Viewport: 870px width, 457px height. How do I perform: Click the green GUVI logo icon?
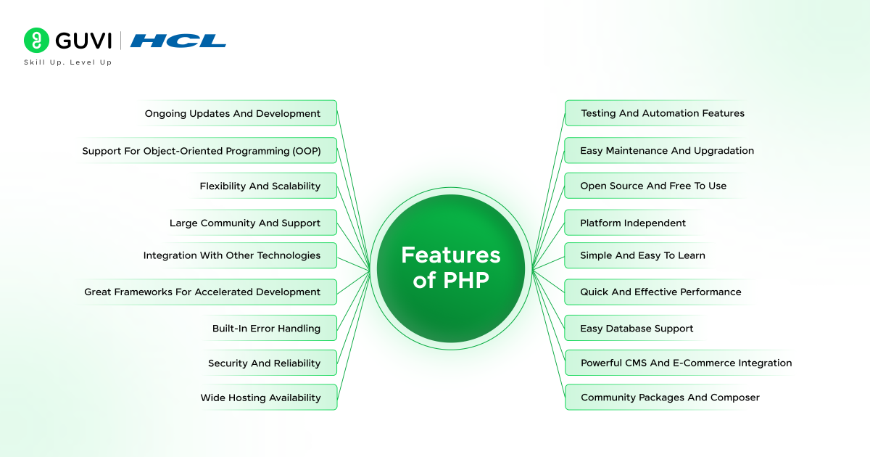click(x=36, y=41)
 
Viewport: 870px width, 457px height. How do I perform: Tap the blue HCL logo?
click(x=178, y=41)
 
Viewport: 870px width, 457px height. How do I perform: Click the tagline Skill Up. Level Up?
click(x=67, y=62)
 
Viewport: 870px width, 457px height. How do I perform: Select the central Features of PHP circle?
click(x=450, y=268)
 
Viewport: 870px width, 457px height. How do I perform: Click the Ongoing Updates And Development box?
click(x=233, y=113)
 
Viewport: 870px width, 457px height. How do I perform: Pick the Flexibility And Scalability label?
click(x=260, y=186)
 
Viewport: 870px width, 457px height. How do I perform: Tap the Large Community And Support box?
click(x=245, y=223)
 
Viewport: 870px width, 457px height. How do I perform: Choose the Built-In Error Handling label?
click(x=266, y=328)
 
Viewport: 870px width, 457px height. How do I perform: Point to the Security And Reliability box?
click(x=264, y=363)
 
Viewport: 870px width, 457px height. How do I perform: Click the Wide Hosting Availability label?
click(x=260, y=398)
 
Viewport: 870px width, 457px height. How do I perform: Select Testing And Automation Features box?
click(x=662, y=113)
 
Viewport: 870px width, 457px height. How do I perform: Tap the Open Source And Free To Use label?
click(x=652, y=186)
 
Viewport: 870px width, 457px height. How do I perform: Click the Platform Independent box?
click(x=632, y=223)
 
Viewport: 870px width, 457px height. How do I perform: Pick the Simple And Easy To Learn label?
click(x=642, y=255)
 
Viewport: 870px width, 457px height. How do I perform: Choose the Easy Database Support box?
click(x=637, y=328)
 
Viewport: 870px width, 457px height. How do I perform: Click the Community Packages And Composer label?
click(x=670, y=398)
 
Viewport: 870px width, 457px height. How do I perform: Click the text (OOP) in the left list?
click(x=306, y=151)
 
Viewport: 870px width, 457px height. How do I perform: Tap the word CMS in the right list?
click(x=634, y=363)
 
